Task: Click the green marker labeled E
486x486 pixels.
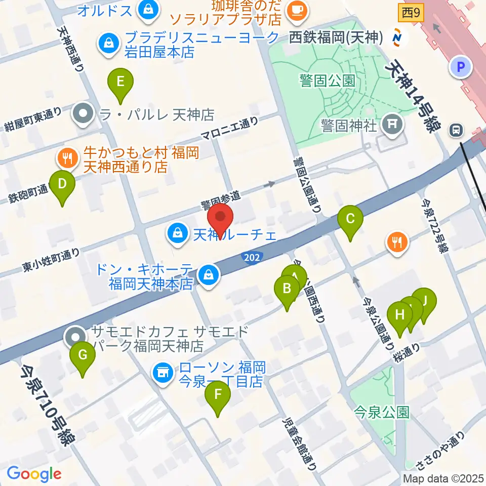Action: point(120,83)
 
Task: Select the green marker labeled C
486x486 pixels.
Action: point(350,220)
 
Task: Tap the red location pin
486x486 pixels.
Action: point(221,219)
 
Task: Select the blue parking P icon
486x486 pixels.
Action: point(461,66)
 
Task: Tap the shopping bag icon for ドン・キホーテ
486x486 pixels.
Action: point(208,275)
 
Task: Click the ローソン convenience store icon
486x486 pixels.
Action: point(163,374)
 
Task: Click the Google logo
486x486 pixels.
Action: point(34,474)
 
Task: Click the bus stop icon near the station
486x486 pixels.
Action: point(457,130)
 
